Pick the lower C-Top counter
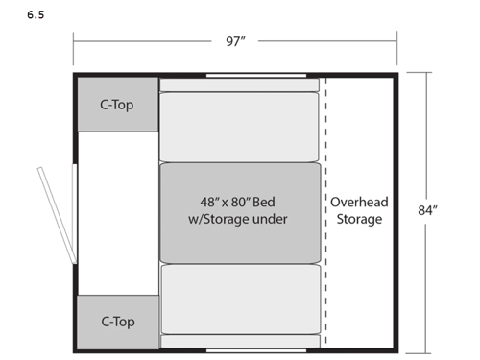click(x=117, y=322)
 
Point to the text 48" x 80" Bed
click(x=239, y=203)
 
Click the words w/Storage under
click(x=239, y=220)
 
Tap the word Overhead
click(x=358, y=203)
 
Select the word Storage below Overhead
click(x=358, y=220)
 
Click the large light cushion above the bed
click(x=239, y=128)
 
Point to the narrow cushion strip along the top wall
click(x=239, y=85)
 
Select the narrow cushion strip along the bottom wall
click(x=239, y=341)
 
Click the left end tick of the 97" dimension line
click(x=74, y=41)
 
